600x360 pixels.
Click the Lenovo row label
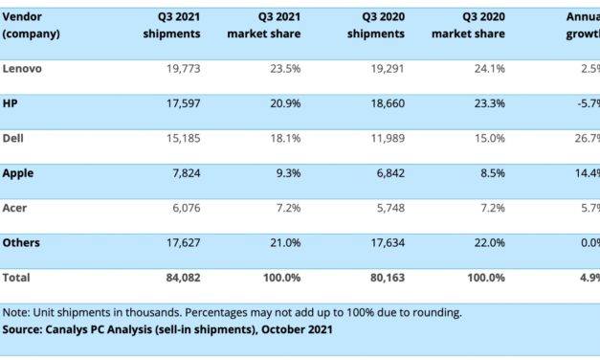(x=23, y=68)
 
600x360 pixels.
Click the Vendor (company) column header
(x=32, y=26)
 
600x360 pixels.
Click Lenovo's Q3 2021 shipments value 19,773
(x=181, y=68)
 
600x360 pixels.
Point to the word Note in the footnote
(x=16, y=313)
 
